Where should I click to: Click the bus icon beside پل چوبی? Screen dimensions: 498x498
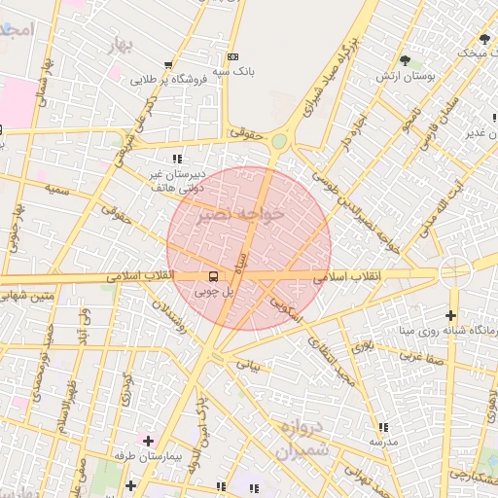click(214, 275)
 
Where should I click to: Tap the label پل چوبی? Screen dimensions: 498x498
click(215, 291)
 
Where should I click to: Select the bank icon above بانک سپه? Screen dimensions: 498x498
click(231, 56)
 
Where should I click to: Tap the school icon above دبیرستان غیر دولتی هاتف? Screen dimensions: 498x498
click(176, 159)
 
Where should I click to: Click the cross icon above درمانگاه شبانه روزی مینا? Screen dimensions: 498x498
click(449, 315)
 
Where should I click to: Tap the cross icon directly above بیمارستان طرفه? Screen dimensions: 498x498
click(148, 441)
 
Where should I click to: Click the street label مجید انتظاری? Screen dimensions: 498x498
click(330, 359)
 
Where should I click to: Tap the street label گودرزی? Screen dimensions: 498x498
click(126, 389)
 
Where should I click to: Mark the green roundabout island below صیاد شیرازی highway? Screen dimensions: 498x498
click(280, 142)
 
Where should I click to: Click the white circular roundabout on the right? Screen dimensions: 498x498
click(454, 271)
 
